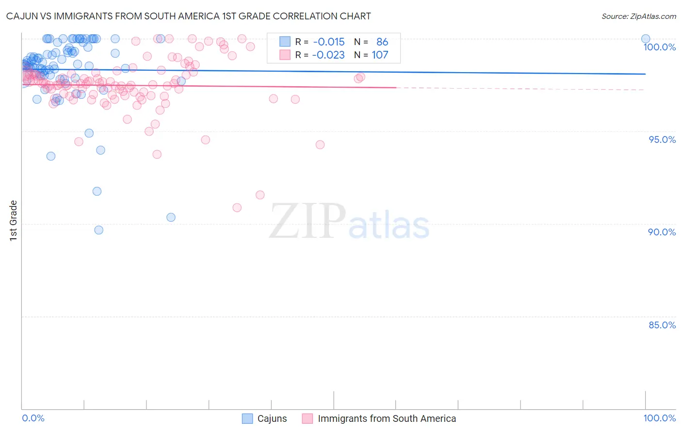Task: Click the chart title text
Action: pyautogui.click(x=188, y=16)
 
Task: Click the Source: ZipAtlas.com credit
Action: pyautogui.click(x=638, y=16)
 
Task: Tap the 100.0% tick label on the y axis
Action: pyautogui.click(x=659, y=47)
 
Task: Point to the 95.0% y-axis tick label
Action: pyautogui.click(x=662, y=139)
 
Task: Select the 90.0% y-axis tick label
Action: pyautogui.click(x=662, y=232)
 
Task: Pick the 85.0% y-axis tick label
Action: pyautogui.click(x=662, y=325)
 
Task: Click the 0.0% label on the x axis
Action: pyautogui.click(x=33, y=418)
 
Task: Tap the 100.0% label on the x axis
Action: pyautogui.click(x=659, y=418)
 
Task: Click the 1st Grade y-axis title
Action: pyautogui.click(x=14, y=220)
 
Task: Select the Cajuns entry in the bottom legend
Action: pyautogui.click(x=272, y=418)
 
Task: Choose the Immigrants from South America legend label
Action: pyautogui.click(x=387, y=418)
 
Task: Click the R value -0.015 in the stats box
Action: pyautogui.click(x=329, y=42)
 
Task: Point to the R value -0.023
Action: pyautogui.click(x=329, y=55)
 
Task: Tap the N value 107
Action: pyautogui.click(x=380, y=55)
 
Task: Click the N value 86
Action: pyautogui.click(x=382, y=42)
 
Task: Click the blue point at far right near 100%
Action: pyautogui.click(x=646, y=39)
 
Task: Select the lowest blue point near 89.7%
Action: pyautogui.click(x=98, y=230)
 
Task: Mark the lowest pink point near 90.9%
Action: pyautogui.click(x=237, y=208)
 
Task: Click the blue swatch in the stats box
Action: pyautogui.click(x=285, y=42)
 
